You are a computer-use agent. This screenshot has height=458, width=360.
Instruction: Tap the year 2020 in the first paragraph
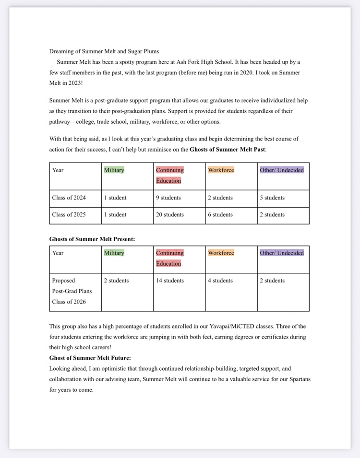(243, 72)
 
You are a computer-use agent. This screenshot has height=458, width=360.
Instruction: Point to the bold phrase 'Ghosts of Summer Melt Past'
(227, 149)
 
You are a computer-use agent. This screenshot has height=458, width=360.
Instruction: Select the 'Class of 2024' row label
(69, 198)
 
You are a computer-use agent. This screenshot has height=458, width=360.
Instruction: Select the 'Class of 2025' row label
(69, 214)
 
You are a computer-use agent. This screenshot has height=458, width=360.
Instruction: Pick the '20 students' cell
(169, 214)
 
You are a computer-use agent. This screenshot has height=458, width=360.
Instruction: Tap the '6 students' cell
(220, 214)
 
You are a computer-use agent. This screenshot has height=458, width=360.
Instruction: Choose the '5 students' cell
(272, 198)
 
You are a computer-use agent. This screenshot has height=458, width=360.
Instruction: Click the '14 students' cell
(169, 281)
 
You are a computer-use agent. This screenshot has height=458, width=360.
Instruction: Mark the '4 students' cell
(220, 281)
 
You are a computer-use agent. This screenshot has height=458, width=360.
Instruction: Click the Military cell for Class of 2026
(116, 281)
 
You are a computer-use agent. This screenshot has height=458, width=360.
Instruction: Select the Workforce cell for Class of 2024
(220, 198)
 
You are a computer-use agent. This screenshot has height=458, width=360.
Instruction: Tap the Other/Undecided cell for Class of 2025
(272, 214)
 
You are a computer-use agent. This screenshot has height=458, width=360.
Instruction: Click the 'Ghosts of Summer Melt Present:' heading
(92, 239)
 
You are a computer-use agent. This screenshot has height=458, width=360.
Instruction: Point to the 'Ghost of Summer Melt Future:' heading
(90, 358)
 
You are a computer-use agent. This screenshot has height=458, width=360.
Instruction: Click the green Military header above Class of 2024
(114, 170)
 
